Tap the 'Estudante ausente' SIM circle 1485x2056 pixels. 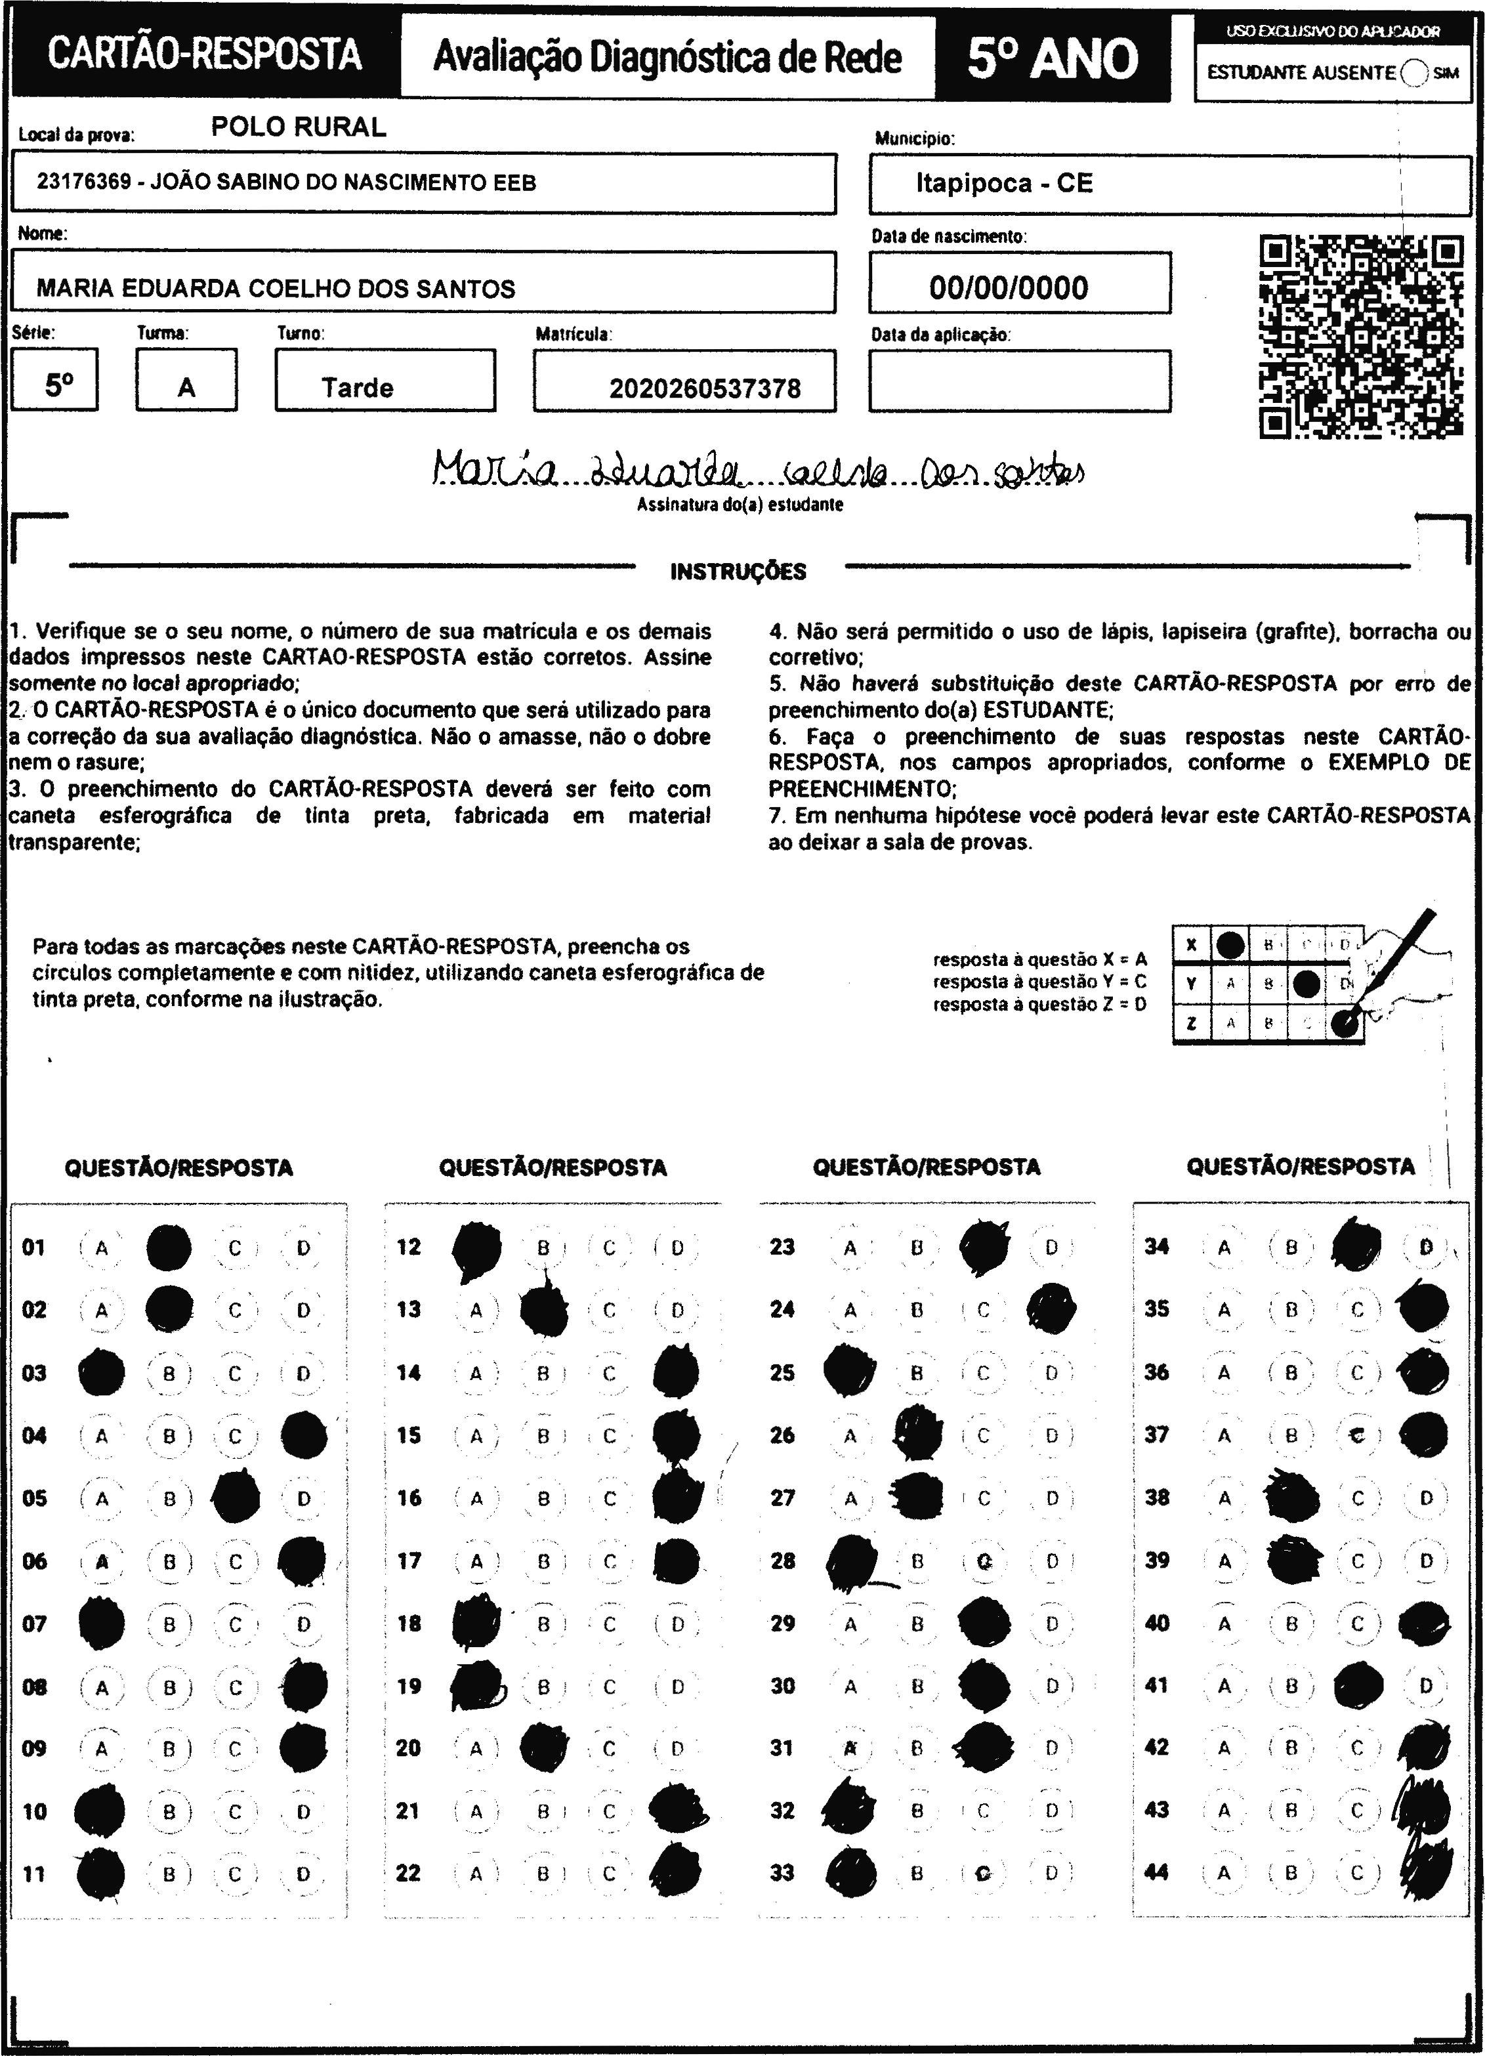pyautogui.click(x=1413, y=73)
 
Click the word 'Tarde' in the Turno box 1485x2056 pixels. pyautogui.click(x=357, y=388)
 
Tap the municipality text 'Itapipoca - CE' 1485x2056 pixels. pyautogui.click(x=1003, y=183)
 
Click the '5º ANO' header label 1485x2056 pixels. pyautogui.click(x=1052, y=58)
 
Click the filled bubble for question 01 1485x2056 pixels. pyautogui.click(x=169, y=1248)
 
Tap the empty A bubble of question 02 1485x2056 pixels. pyautogui.click(x=102, y=1310)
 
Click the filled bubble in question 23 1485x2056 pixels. pyautogui.click(x=984, y=1248)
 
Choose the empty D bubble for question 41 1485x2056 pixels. pyautogui.click(x=1425, y=1686)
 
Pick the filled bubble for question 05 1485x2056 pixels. pyautogui.click(x=236, y=1498)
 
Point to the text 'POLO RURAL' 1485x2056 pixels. pyautogui.click(x=299, y=127)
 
